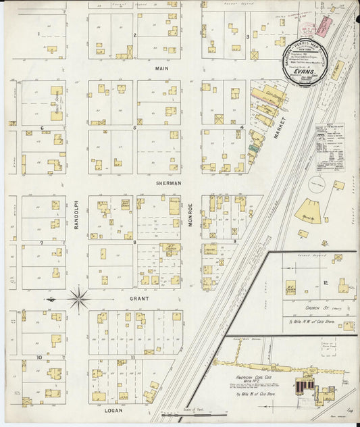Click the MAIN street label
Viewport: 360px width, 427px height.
161,68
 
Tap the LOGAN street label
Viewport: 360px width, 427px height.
113,409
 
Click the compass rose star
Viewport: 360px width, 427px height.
78,297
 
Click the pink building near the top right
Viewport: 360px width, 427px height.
324,26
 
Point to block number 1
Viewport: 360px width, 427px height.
39,34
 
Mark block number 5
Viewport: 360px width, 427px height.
135,127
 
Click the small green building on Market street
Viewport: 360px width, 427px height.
254,147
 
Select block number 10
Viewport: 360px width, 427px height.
39,356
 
